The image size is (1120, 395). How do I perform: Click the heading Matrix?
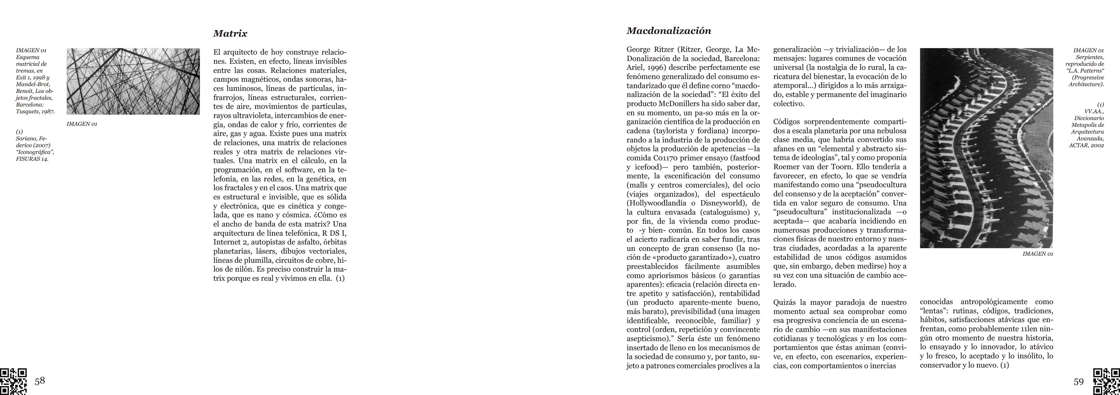pyautogui.click(x=230, y=34)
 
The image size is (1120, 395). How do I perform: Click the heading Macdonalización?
pyautogui.click(x=669, y=31)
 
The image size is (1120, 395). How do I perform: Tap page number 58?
pyautogui.click(x=40, y=381)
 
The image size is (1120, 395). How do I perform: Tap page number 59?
pyautogui.click(x=1079, y=382)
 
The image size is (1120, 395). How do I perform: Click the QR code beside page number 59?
pyautogui.click(x=1106, y=381)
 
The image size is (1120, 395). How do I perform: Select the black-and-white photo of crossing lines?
pyautogui.click(x=133, y=81)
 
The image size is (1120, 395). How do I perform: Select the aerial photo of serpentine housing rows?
pyautogui.click(x=986, y=148)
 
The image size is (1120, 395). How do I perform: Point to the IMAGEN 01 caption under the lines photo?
pyautogui.click(x=82, y=124)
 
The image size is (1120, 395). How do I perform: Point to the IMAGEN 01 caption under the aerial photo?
pyautogui.click(x=1037, y=254)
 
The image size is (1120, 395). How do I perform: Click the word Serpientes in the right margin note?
pyautogui.click(x=1090, y=57)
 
